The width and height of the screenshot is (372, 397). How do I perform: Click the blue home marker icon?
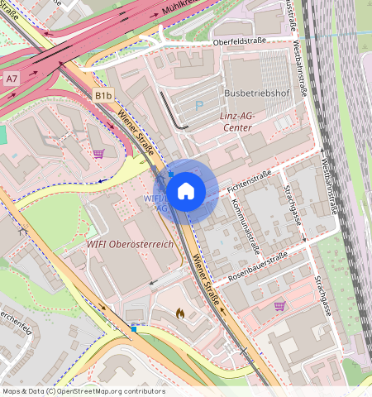coord(186,191)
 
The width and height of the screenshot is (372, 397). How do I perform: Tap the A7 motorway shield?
coord(12,79)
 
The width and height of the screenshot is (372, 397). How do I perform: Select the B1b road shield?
coord(103,96)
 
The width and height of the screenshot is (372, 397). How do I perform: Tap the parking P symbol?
coord(198,105)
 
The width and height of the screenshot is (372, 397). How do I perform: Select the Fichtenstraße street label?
coord(250,181)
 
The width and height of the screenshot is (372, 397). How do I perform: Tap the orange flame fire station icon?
coord(180,314)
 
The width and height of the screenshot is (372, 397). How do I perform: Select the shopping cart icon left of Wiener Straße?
coord(98,153)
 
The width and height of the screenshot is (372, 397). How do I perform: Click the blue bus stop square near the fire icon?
coord(134,329)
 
